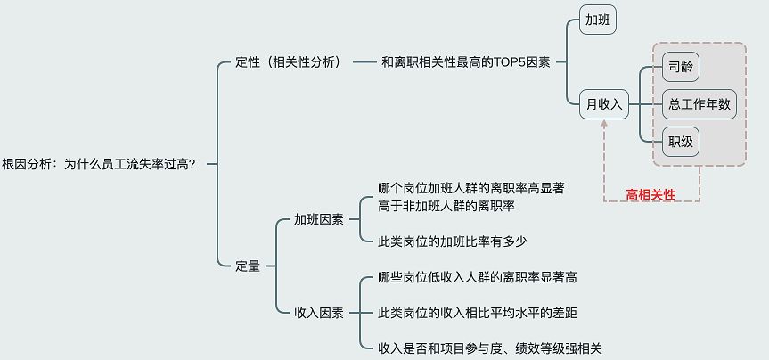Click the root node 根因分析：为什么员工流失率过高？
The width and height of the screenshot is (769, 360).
pyautogui.click(x=99, y=163)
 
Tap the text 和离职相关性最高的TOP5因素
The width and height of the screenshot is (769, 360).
pyautogui.click(x=466, y=62)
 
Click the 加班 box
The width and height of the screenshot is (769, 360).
pyautogui.click(x=598, y=20)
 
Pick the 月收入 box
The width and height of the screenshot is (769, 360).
pyautogui.click(x=603, y=104)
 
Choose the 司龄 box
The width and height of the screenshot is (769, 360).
pyautogui.click(x=683, y=67)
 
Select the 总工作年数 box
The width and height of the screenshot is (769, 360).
pyautogui.click(x=699, y=104)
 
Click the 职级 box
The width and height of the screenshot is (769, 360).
pyautogui.click(x=683, y=141)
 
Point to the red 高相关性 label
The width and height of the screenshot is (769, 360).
pyautogui.click(x=650, y=194)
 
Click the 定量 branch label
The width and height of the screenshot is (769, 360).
pyautogui.click(x=248, y=265)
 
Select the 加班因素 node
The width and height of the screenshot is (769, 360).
pyautogui.click(x=319, y=219)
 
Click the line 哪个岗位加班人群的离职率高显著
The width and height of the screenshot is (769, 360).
pyautogui.click(x=471, y=189)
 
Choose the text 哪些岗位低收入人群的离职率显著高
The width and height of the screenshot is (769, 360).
pyautogui.click(x=478, y=277)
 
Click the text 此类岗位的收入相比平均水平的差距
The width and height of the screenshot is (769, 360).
pyautogui.click(x=483, y=313)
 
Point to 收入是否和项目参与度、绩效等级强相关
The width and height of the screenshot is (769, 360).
pyautogui.click(x=490, y=348)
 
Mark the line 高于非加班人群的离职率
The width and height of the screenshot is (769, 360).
pyautogui.click(x=446, y=206)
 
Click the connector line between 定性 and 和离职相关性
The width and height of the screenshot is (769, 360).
pyautogui.click(x=364, y=62)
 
